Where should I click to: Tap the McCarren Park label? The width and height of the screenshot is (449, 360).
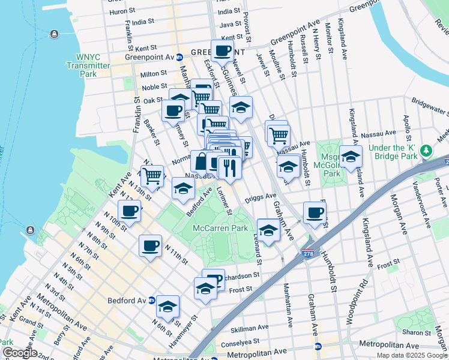[220, 229]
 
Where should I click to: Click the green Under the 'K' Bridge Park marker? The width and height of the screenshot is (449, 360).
[427, 150]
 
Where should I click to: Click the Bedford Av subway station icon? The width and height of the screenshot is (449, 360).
[152, 299]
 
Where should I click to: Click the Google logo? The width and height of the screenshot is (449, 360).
[20, 352]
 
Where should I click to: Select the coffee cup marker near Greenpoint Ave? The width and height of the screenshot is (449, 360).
[222, 50]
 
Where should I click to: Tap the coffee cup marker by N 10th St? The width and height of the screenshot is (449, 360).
[129, 211]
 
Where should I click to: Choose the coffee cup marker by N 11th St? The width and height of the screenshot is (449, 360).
[150, 244]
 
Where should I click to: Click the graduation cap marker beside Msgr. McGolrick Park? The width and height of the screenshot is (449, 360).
[351, 156]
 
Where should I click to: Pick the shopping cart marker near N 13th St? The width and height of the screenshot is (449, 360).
[152, 175]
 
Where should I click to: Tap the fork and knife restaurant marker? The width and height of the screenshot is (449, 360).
[229, 167]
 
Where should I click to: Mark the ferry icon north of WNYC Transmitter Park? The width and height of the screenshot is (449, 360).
[55, 32]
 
